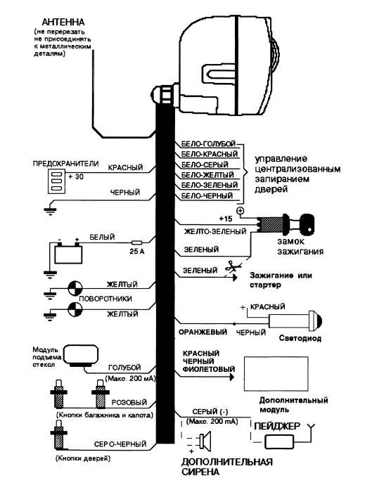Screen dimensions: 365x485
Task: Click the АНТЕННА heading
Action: (63, 22)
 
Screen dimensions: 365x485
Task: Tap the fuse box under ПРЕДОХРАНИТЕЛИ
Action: (56, 181)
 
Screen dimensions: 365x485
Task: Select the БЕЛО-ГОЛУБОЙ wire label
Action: (208, 144)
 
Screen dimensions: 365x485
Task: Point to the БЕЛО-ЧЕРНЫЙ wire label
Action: (207, 195)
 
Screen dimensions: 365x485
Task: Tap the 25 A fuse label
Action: (137, 252)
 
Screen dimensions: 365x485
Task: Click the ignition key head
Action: (307, 223)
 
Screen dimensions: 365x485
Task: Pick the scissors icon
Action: (231, 266)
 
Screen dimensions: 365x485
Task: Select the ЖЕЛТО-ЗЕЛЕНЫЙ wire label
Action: (215, 231)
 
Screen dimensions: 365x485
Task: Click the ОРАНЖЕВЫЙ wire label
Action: (203, 332)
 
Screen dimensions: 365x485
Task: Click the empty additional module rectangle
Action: (276, 374)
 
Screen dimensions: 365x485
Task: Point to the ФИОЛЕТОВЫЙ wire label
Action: (209, 369)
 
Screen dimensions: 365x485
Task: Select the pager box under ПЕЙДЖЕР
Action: (279, 441)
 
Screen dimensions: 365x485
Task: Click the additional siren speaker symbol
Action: (205, 441)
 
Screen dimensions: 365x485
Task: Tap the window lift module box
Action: (81, 356)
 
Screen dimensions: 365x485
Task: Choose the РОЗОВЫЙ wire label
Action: (129, 403)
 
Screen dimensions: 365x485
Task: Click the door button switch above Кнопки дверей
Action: (59, 434)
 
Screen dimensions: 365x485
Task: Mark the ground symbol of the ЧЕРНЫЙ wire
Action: (50, 210)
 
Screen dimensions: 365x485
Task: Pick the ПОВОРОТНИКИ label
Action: (105, 299)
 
